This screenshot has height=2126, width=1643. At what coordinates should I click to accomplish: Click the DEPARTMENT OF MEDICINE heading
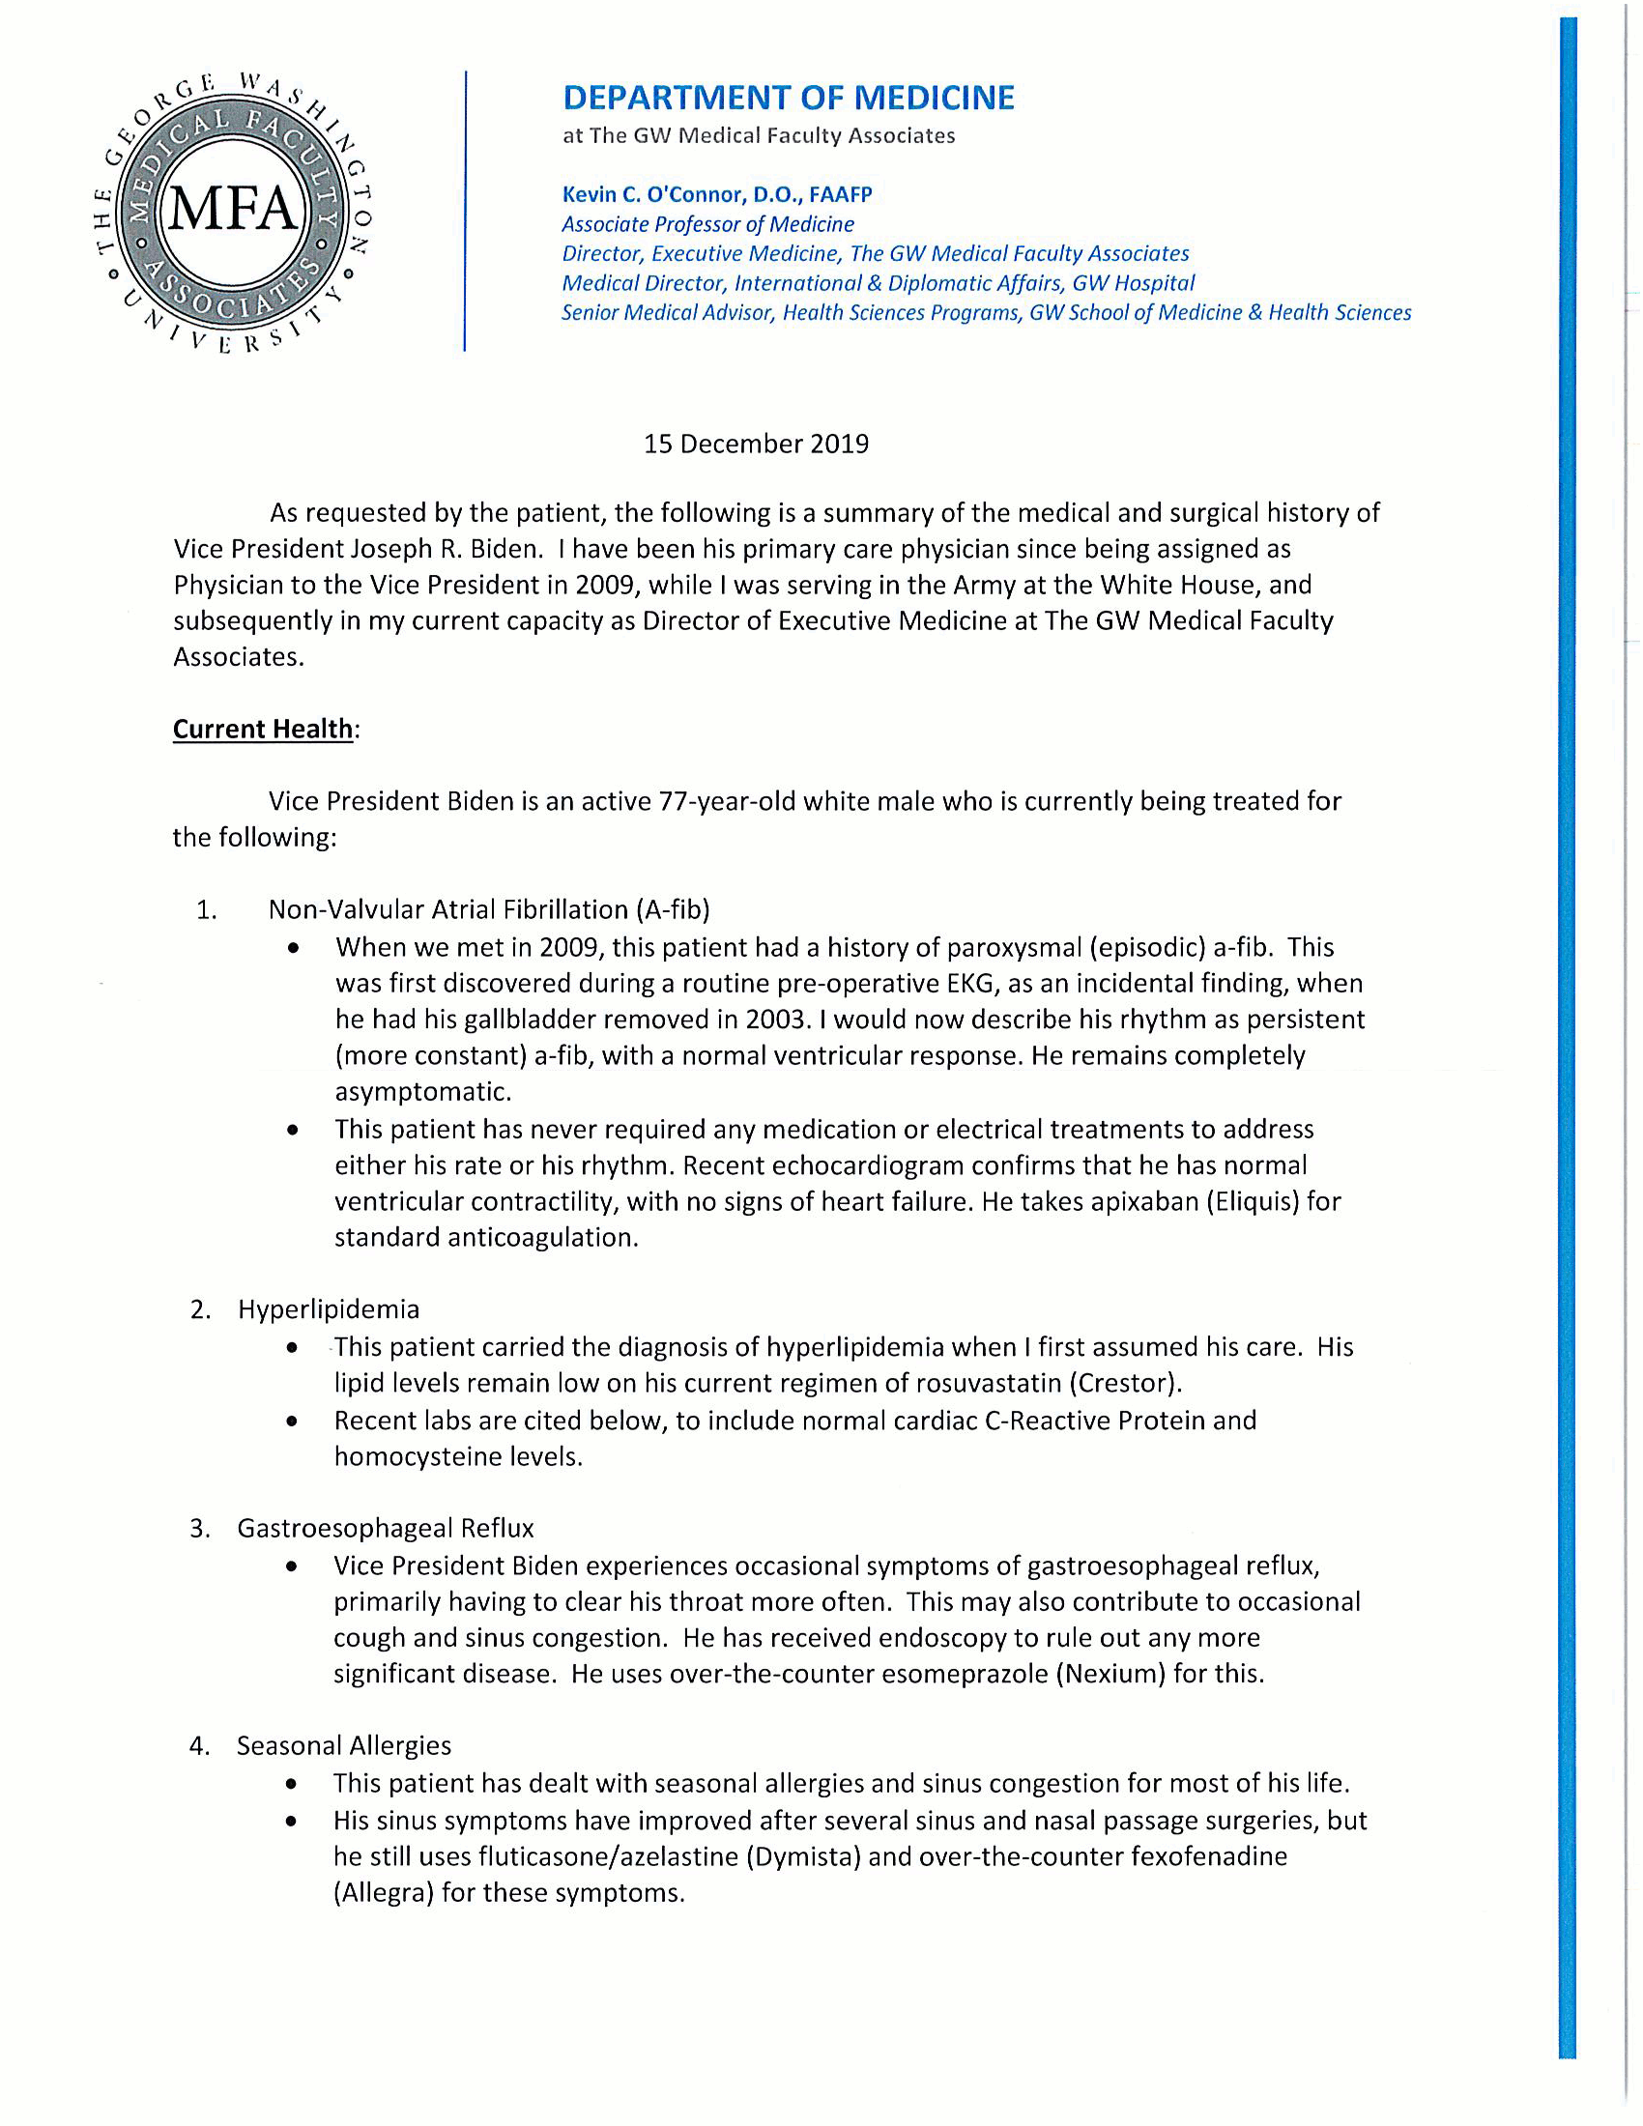(789, 98)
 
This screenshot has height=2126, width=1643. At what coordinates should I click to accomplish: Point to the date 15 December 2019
(756, 444)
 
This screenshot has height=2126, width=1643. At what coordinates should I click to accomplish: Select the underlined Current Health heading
(263, 729)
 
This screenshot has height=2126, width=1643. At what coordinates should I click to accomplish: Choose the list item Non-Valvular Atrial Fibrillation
(489, 909)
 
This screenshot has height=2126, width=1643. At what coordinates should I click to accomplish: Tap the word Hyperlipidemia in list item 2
(328, 1309)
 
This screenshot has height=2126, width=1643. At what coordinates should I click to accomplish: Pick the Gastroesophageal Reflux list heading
(386, 1529)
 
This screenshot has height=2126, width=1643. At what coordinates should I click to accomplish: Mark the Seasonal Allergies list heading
(344, 1745)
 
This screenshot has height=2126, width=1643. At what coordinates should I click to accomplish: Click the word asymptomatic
(422, 1092)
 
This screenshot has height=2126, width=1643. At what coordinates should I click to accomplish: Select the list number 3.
(199, 1529)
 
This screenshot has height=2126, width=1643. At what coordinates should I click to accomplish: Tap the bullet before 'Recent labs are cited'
(292, 1422)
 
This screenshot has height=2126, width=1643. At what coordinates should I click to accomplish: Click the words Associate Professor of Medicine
(707, 224)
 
